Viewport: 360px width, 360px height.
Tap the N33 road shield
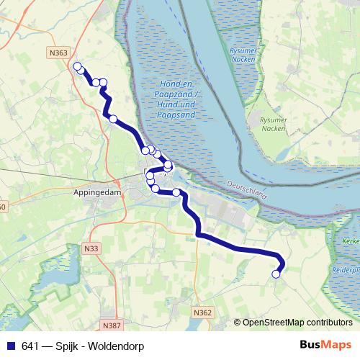(x=91, y=248)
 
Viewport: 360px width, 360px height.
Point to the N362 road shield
(x=203, y=312)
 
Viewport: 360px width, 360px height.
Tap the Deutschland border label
(x=246, y=189)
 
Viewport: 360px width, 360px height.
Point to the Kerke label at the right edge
(x=351, y=240)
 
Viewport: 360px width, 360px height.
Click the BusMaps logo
(x=325, y=346)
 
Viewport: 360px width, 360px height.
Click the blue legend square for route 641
(x=10, y=346)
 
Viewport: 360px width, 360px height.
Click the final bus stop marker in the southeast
(x=276, y=273)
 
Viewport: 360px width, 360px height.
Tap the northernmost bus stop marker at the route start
(x=77, y=67)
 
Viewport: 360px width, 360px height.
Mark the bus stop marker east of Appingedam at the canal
(x=176, y=192)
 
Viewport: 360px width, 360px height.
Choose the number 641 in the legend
(x=30, y=346)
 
